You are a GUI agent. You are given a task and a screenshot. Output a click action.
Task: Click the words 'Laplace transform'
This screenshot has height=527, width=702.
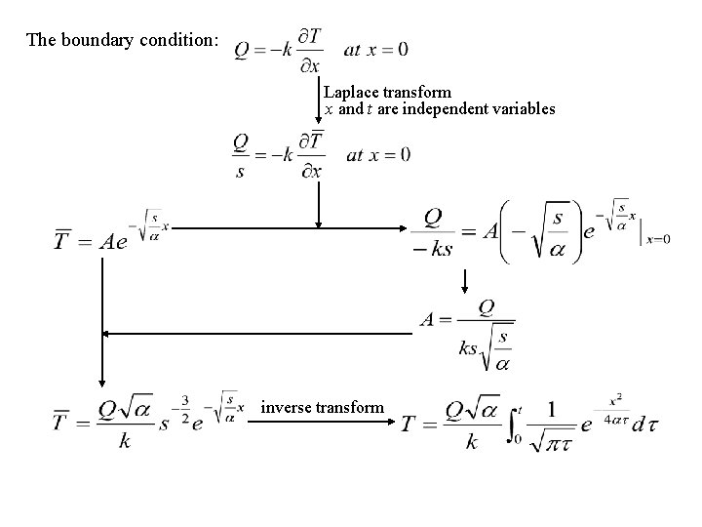pyautogui.click(x=388, y=94)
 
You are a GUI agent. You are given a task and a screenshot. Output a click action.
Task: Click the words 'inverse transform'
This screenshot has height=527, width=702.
pyautogui.click(x=323, y=408)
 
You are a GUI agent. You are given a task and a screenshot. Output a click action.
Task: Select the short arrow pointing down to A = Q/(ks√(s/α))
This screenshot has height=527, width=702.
pyautogui.click(x=466, y=283)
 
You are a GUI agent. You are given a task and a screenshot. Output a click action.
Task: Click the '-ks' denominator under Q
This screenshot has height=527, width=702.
pyautogui.click(x=432, y=250)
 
